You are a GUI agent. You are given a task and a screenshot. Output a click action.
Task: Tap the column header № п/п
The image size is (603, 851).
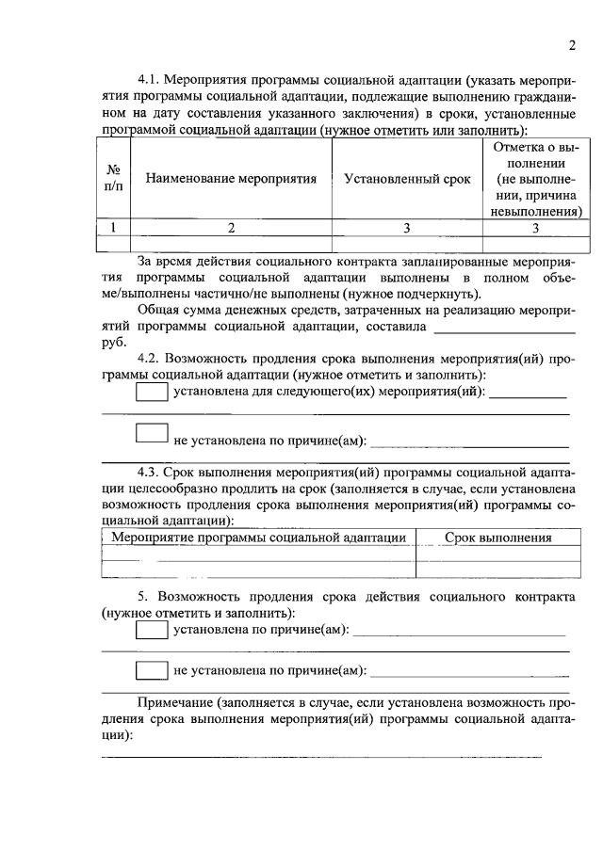click(x=114, y=179)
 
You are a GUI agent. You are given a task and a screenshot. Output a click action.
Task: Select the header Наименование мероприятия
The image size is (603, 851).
click(x=230, y=179)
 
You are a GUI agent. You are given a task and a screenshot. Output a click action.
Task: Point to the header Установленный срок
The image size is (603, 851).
click(x=406, y=179)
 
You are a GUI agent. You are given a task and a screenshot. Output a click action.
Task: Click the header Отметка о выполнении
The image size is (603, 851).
click(x=533, y=179)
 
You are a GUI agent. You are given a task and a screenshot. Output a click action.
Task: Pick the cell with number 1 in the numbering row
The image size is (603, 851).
click(x=114, y=226)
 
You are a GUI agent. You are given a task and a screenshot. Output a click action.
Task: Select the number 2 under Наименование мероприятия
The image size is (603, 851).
click(x=230, y=226)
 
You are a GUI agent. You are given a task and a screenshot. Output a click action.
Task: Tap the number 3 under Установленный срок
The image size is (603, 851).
click(x=406, y=226)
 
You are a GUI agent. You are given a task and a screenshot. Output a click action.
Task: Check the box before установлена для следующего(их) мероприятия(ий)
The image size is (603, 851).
click(x=152, y=393)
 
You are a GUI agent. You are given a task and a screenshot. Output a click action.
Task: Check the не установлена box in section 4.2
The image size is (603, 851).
click(x=152, y=434)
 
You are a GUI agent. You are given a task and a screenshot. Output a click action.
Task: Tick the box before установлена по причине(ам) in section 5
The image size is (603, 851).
click(x=152, y=630)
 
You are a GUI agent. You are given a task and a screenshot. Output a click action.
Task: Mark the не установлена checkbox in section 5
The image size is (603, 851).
click(x=152, y=671)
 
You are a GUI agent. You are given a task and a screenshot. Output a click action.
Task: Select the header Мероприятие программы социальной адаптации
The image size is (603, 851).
click(x=258, y=538)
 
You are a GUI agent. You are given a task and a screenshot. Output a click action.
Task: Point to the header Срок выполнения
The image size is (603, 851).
click(x=497, y=538)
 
